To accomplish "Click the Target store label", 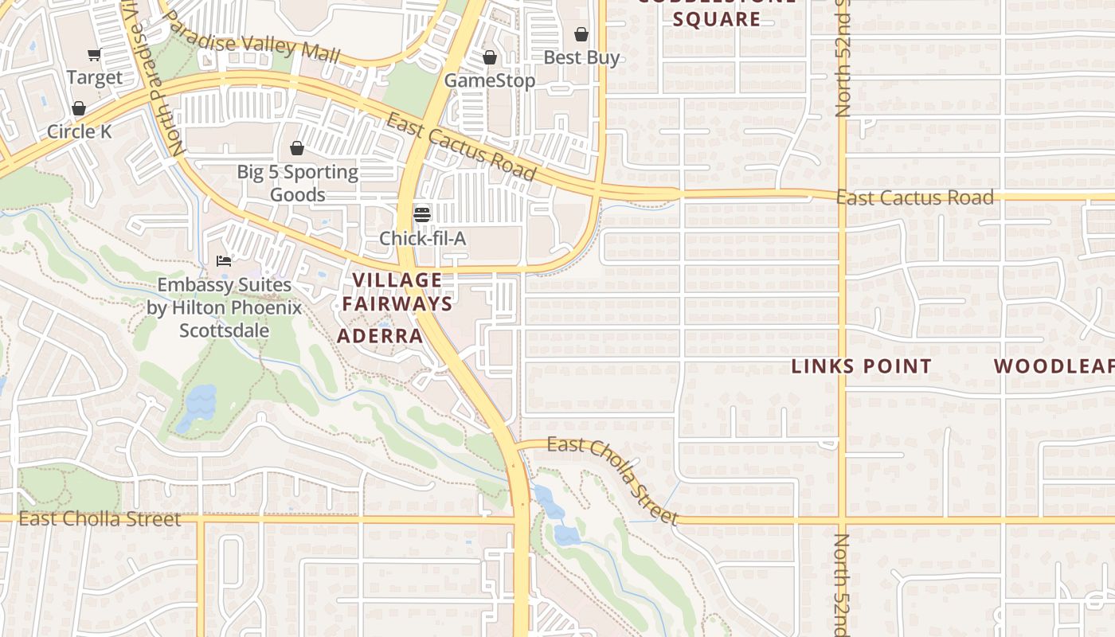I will (x=95, y=77).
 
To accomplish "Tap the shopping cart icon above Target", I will (x=95, y=55).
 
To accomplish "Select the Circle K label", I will (x=80, y=131).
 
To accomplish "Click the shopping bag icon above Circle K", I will (x=79, y=108).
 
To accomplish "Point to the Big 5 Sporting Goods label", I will (x=297, y=183).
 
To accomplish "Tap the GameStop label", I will (x=489, y=80).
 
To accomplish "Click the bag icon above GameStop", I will (x=490, y=58).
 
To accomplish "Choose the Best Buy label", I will (x=581, y=57).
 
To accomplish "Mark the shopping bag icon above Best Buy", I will (x=581, y=35).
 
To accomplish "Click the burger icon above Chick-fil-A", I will (x=422, y=214).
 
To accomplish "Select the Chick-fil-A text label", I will (x=422, y=238).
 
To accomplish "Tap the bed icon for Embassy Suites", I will (x=224, y=261).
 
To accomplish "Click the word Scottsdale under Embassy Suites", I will (x=224, y=330).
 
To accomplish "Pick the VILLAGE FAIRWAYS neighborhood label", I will (x=397, y=291).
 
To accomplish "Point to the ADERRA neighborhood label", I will (x=380, y=335).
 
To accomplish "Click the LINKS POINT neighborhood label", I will (x=862, y=366).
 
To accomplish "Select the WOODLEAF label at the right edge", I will (x=1054, y=366).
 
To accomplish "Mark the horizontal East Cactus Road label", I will (x=915, y=197).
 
